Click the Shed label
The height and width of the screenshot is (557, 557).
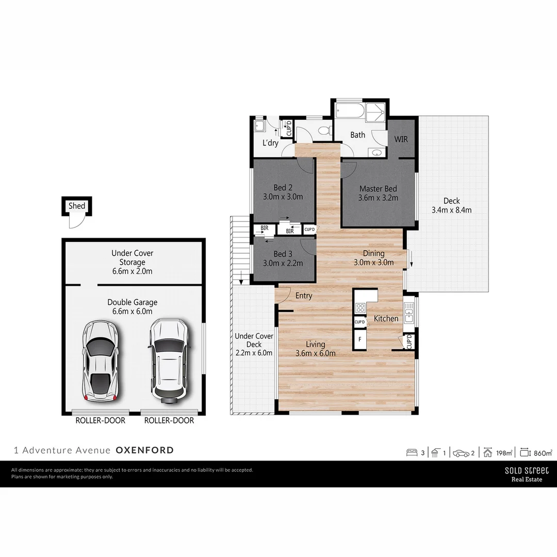(77, 206)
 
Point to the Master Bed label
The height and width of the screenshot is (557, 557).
(379, 189)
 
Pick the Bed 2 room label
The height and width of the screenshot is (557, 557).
(283, 188)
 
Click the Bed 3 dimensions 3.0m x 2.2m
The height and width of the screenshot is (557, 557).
(283, 263)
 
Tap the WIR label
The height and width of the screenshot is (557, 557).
(402, 139)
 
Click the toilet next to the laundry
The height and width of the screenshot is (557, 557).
(324, 130)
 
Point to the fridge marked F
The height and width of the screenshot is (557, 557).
(359, 339)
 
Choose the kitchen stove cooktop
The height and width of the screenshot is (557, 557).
(360, 308)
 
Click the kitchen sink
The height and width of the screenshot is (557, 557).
(409, 313)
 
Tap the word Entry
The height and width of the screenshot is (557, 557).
(304, 296)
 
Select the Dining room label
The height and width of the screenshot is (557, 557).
(373, 253)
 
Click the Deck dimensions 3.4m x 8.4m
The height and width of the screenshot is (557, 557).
(451, 210)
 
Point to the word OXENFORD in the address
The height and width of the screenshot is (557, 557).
(145, 450)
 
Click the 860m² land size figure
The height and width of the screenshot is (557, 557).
(543, 453)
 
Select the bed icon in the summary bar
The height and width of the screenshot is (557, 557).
(412, 453)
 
